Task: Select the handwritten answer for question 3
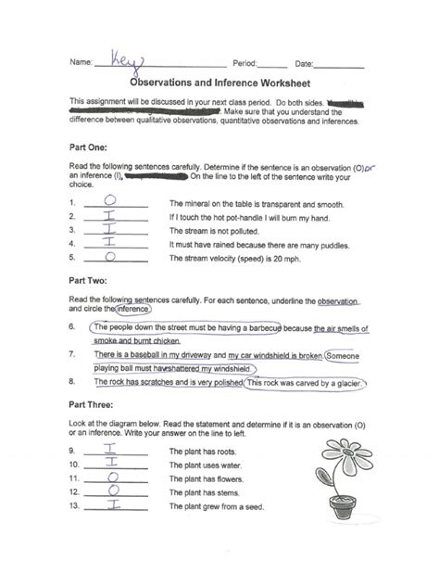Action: point(110,228)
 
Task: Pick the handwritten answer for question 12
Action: point(112,491)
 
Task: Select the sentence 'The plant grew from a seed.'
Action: point(216,508)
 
